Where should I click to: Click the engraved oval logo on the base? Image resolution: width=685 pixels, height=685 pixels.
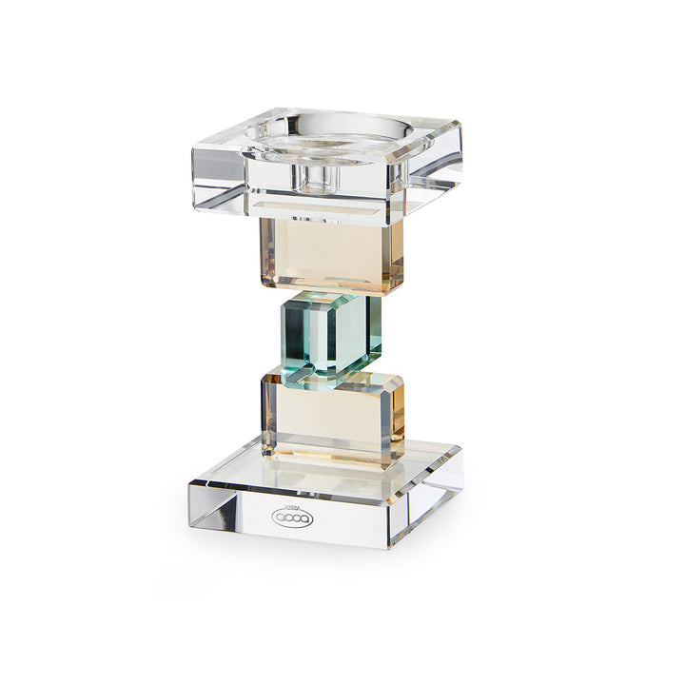[292, 519]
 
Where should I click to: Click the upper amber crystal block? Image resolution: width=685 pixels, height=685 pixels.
[323, 254]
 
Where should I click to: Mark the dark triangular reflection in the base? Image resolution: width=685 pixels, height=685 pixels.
[223, 515]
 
